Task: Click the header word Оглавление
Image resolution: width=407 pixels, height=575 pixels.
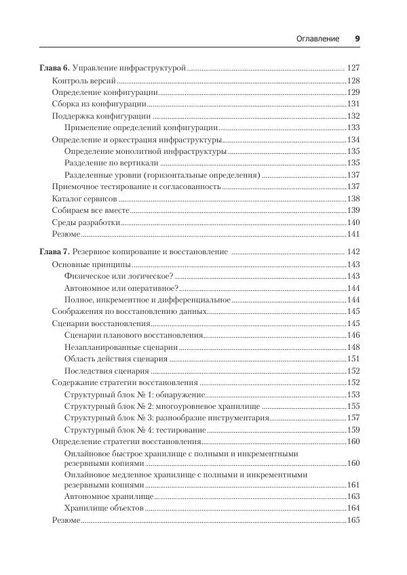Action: [317, 39]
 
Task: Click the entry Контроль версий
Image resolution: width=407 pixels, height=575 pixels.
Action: [76, 81]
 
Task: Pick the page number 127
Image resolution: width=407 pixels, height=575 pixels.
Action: [353, 68]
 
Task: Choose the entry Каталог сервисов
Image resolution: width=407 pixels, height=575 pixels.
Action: [84, 199]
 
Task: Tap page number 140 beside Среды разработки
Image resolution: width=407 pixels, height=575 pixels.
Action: [353, 222]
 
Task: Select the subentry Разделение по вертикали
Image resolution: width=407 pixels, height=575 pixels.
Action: [111, 163]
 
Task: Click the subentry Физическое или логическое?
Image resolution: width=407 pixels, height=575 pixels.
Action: [119, 276]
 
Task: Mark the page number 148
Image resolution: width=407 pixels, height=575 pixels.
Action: [353, 346]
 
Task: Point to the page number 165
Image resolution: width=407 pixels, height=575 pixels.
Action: [353, 520]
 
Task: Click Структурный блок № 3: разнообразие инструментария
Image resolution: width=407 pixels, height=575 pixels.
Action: [167, 417]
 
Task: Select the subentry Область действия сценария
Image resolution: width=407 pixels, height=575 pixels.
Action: [115, 358]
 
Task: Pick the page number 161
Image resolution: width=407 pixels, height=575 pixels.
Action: [353, 485]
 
